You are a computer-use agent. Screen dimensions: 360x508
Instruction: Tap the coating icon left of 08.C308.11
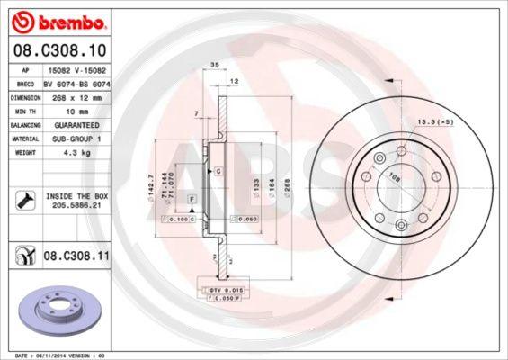point(22,256)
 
